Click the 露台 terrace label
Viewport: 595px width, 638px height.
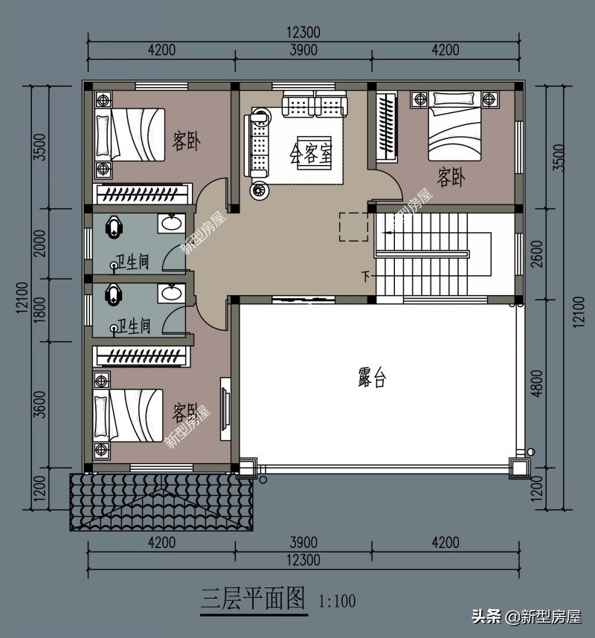(372, 377)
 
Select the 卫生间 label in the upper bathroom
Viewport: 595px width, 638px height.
(132, 262)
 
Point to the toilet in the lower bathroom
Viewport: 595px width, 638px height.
(114, 293)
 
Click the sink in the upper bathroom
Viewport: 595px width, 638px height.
(172, 223)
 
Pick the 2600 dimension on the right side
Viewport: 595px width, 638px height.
(537, 254)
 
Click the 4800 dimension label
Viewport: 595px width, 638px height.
(537, 383)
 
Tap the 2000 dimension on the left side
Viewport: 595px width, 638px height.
(39, 243)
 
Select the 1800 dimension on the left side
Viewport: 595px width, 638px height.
(39, 310)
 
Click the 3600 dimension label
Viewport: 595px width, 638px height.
(39, 405)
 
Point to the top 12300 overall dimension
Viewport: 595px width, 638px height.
(303, 33)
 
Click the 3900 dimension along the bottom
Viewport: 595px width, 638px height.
(303, 542)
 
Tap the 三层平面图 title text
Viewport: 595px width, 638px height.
(253, 599)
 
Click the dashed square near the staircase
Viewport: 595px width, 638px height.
(354, 227)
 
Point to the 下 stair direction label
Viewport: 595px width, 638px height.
(366, 277)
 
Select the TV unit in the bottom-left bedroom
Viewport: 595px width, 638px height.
(225, 409)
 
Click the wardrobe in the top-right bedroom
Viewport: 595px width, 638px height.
(386, 126)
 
